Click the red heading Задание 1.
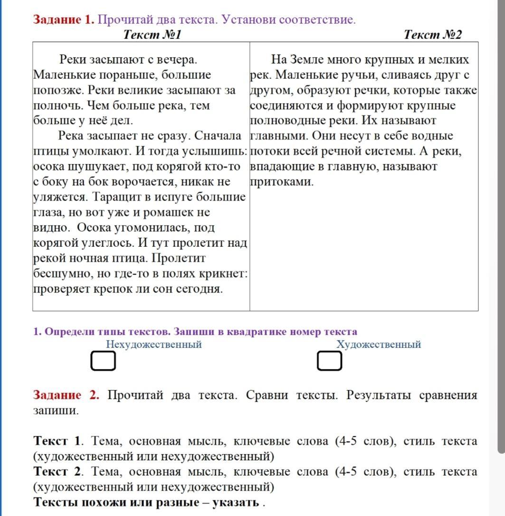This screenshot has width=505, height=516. (64, 20)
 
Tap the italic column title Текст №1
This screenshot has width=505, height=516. (152, 34)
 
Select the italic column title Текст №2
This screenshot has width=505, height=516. (432, 34)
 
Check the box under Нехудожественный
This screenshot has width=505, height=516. (103, 361)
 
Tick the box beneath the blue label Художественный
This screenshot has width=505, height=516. (330, 361)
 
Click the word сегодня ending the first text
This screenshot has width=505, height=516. (201, 289)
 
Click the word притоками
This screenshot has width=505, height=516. (281, 182)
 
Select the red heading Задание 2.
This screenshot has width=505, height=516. (66, 395)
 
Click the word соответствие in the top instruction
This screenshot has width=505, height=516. (317, 20)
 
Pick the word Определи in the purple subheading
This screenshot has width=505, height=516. (66, 332)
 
